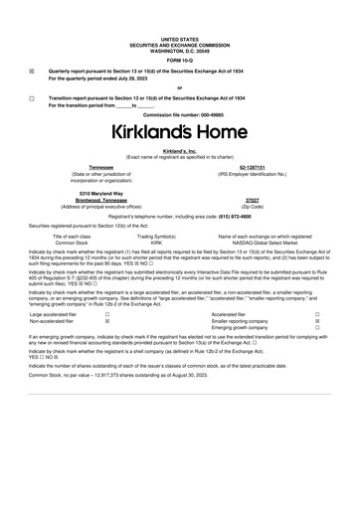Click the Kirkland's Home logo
click(x=179, y=131)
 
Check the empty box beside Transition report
click(x=32, y=98)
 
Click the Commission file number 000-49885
click(x=179, y=115)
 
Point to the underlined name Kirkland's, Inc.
click(x=179, y=150)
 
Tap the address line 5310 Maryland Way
click(x=90, y=194)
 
